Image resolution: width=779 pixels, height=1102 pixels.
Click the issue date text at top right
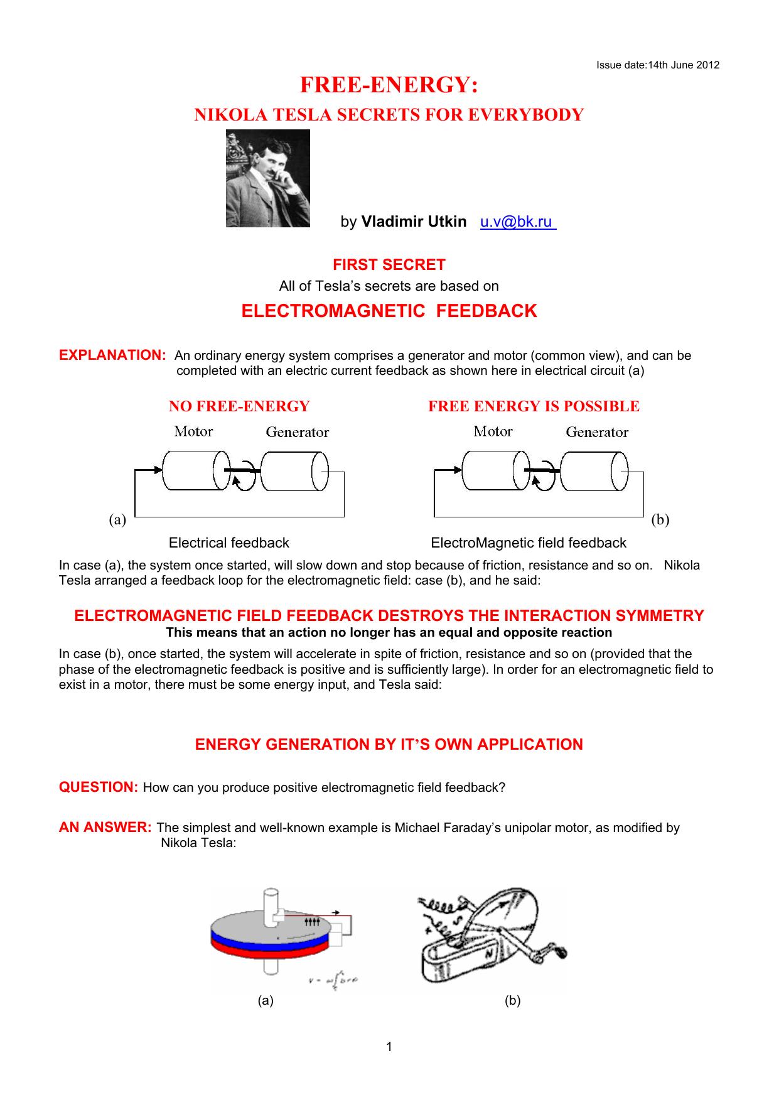(657, 65)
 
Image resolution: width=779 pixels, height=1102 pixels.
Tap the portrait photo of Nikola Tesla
(268, 178)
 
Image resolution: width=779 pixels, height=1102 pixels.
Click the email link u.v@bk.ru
(517, 222)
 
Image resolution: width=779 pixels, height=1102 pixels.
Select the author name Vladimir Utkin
(414, 222)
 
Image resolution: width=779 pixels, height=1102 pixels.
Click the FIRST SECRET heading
(389, 264)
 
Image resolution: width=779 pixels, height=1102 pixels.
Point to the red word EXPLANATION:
(112, 355)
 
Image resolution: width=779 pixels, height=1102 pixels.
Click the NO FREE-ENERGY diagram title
(239, 406)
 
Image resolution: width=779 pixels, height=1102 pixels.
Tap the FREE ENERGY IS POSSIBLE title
(534, 406)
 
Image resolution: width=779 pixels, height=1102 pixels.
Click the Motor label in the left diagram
(193, 431)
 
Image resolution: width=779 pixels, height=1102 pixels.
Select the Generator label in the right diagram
(597, 432)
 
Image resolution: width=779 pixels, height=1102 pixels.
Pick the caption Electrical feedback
(228, 543)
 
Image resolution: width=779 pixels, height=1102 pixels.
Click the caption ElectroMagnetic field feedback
(529, 543)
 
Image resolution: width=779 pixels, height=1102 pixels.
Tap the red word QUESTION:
(98, 787)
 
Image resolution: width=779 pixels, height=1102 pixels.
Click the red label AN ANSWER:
(105, 827)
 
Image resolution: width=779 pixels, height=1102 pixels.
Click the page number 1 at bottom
(389, 1046)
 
